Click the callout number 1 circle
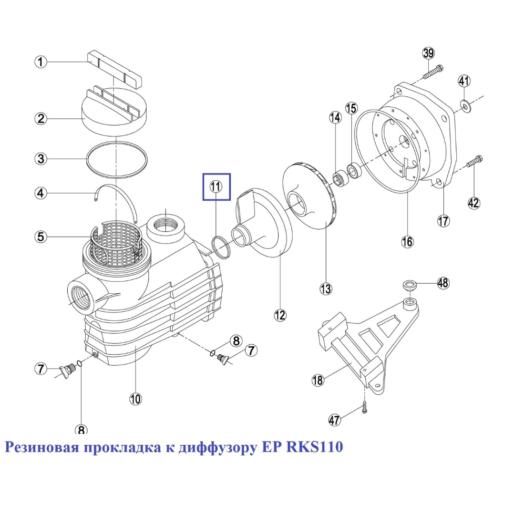click(41, 62)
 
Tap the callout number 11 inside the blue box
click(216, 187)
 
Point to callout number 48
click(443, 283)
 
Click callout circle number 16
click(407, 242)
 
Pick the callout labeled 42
click(473, 203)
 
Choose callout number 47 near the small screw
click(335, 420)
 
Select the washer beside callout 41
click(464, 104)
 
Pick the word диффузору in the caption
click(215, 448)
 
